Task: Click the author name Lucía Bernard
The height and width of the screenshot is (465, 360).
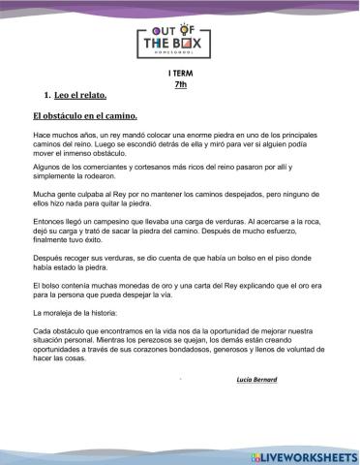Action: (256, 380)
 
